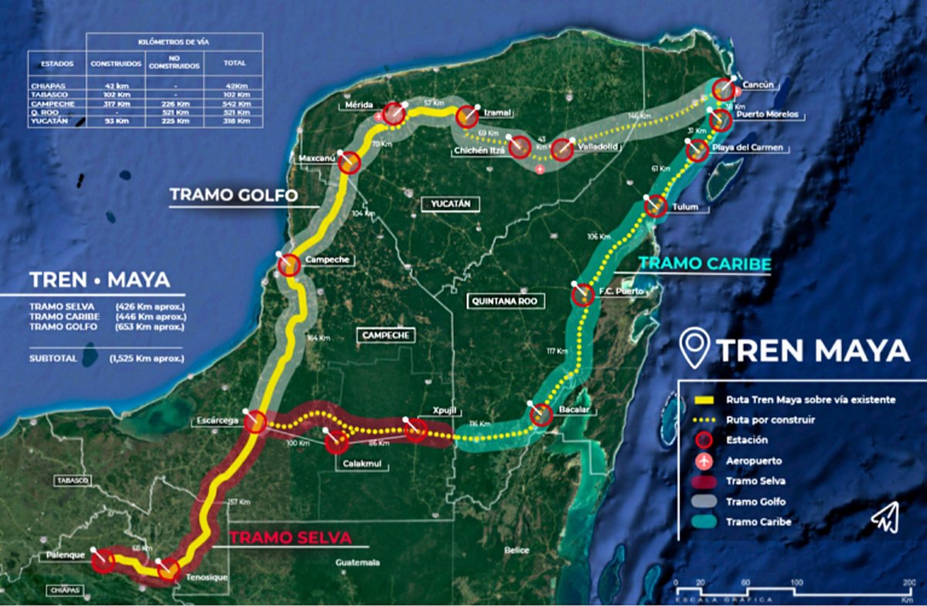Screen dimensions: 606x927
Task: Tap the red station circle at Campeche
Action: coord(289,265)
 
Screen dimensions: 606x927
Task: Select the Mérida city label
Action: coord(360,105)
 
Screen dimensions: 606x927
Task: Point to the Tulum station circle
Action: coord(655,206)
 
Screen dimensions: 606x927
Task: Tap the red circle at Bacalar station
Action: coord(541,415)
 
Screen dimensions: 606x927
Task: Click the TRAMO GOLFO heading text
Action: coord(233,196)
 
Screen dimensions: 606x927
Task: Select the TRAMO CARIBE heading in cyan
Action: coord(705,264)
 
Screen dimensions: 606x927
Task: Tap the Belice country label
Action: coord(517,550)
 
